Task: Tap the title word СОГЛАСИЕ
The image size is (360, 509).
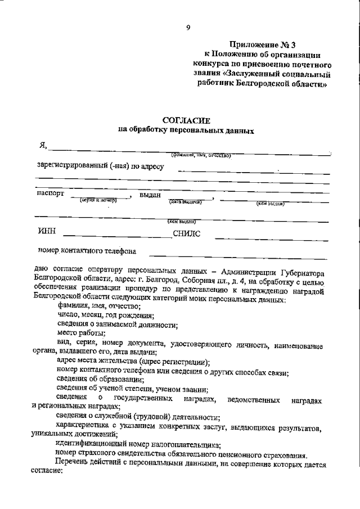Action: click(x=186, y=120)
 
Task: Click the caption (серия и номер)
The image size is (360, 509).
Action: click(x=98, y=200)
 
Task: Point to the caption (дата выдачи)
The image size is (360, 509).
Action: click(x=185, y=201)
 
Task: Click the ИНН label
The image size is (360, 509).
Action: click(x=47, y=231)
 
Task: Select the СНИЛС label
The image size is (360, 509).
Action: click(x=186, y=232)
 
